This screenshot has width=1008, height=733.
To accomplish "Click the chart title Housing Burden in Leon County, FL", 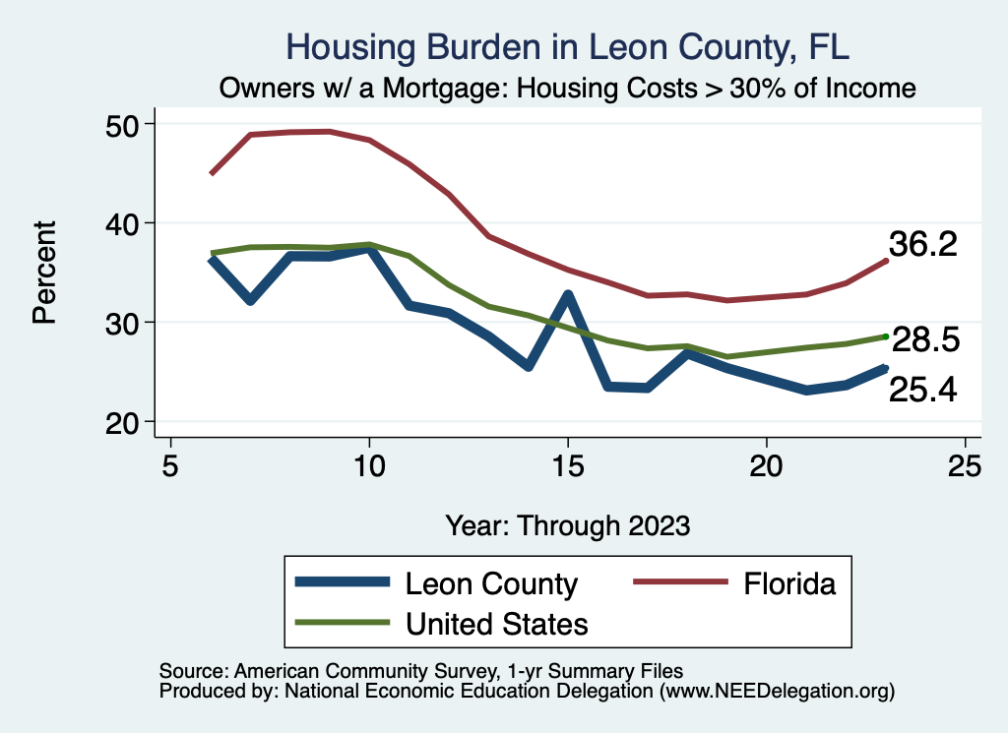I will click(566, 46).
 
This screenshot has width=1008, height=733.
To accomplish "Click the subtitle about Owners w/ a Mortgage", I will click(568, 89).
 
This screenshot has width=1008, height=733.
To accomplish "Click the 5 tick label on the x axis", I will click(170, 465).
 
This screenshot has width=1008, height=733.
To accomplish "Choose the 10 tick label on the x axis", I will click(369, 465).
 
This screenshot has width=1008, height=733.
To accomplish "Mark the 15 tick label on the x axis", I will click(568, 465).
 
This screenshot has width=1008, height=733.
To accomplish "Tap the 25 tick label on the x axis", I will click(965, 465).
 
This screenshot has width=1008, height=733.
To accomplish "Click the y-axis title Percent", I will click(43, 273).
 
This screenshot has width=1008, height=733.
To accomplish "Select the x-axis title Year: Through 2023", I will click(568, 524).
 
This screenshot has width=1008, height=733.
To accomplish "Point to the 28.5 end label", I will click(925, 340).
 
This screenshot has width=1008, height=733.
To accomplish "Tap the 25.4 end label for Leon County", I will click(922, 390).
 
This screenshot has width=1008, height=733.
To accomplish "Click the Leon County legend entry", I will click(491, 583).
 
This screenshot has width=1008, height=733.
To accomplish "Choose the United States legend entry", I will click(497, 623).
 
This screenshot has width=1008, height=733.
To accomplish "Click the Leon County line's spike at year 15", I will click(568, 294).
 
